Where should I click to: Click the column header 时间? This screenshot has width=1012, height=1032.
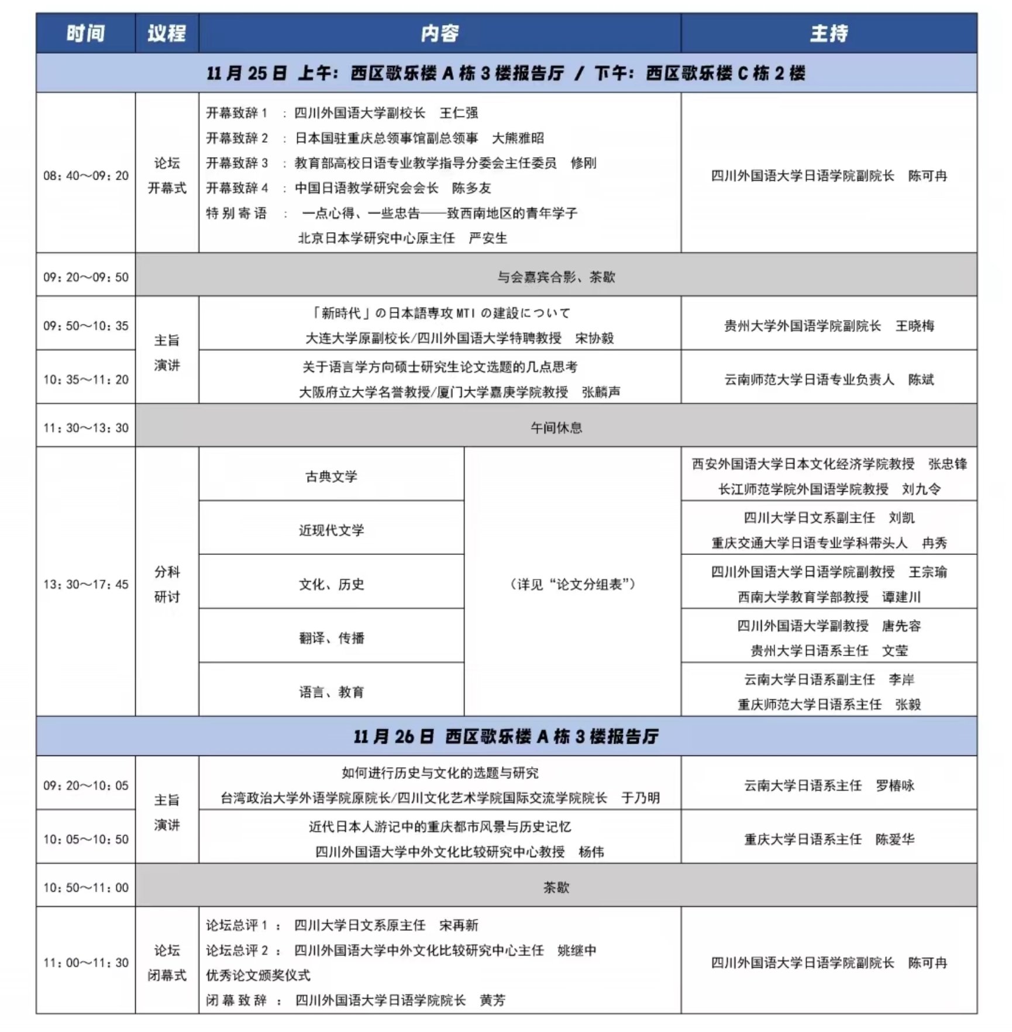coord(85,33)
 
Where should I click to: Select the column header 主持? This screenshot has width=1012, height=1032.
coord(828,33)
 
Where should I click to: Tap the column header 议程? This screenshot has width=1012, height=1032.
coord(167,33)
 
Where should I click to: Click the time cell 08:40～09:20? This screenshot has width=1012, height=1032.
coord(86,175)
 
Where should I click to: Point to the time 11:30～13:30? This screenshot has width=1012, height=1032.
coord(86,427)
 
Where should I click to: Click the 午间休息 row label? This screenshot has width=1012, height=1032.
coord(556,427)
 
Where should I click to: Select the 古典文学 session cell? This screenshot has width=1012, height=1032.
coord(331,477)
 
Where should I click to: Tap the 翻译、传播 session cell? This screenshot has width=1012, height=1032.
coord(331,638)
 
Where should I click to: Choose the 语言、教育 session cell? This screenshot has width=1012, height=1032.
coord(331,692)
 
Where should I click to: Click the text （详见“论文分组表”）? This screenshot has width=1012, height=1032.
coord(572,584)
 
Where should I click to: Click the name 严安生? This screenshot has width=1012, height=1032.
coord(488,238)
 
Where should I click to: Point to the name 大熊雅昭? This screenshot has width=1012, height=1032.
coord(518,138)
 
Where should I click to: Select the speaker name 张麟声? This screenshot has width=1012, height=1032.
coord(601,392)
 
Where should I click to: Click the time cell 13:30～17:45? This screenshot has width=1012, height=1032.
coord(86,584)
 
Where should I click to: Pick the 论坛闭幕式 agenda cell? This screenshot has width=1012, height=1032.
coord(167,962)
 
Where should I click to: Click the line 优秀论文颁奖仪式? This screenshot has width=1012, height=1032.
coord(258,975)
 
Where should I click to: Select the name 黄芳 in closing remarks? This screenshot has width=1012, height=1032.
coord(492,1000)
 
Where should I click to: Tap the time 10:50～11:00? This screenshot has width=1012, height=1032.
coord(86,888)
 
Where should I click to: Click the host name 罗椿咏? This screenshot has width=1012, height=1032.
coord(894,785)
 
